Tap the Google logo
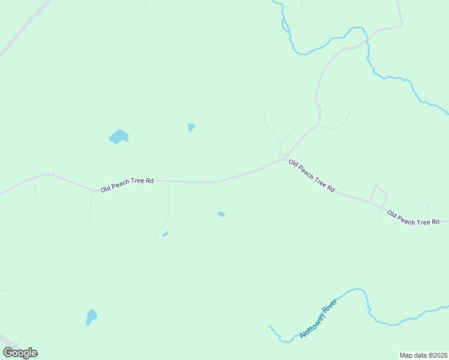[20, 353]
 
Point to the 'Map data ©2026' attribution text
[423, 355]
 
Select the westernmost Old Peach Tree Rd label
[127, 184]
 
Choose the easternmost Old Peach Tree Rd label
[414, 218]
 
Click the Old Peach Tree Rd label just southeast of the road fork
[312, 175]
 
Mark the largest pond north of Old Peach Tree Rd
[119, 137]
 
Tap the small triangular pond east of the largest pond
[191, 127]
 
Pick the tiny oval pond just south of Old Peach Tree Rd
[221, 214]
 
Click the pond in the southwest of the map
[91, 316]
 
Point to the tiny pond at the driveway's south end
[165, 233]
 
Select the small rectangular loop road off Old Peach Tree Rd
[378, 194]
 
